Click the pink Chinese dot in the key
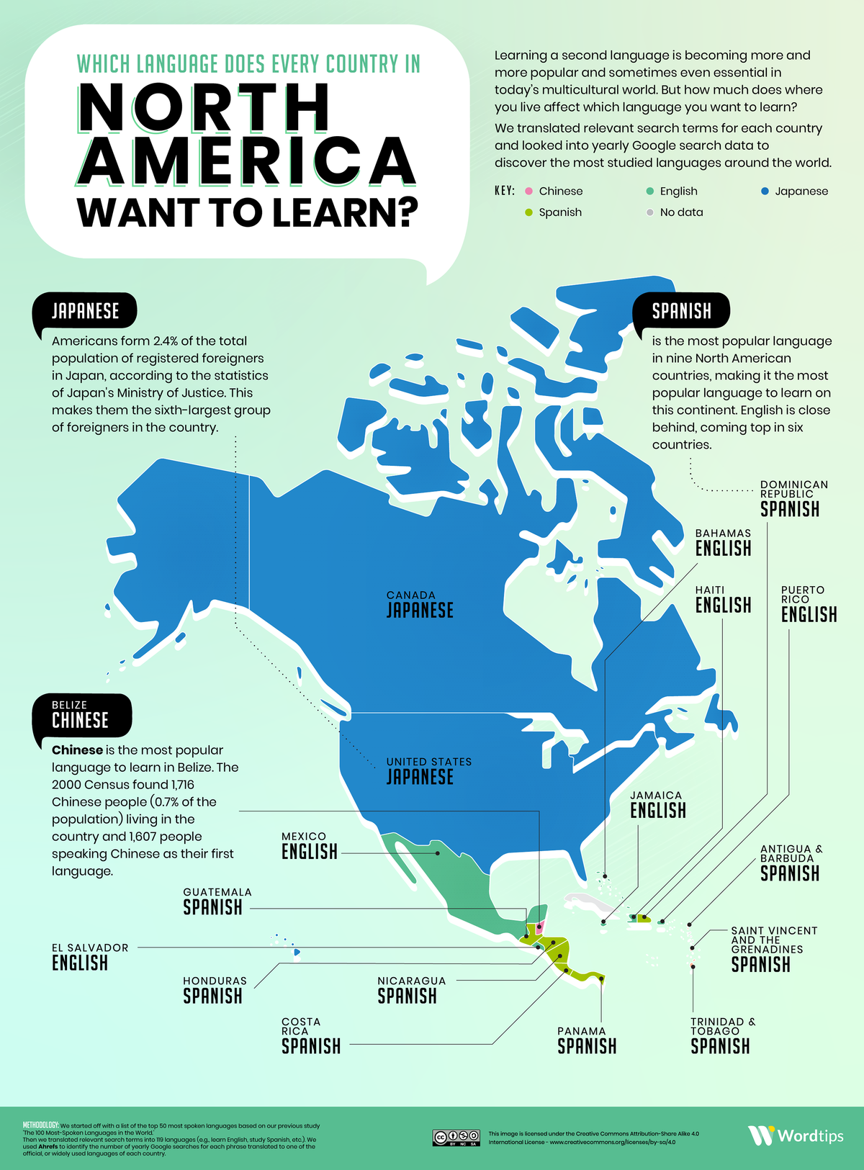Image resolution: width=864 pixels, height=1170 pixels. tap(529, 191)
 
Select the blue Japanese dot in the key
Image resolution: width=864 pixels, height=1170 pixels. tap(765, 191)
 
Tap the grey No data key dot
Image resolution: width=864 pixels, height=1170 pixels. tap(649, 212)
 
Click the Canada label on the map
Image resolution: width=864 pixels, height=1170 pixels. tap(420, 606)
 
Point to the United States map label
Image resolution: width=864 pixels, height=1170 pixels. tap(428, 771)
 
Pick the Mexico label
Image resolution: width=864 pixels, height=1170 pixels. tap(310, 846)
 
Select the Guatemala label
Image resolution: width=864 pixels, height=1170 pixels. tap(217, 901)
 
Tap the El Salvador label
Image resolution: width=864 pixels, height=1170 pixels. tap(90, 957)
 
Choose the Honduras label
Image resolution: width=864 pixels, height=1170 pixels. tap(215, 990)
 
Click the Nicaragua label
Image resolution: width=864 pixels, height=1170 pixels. tap(411, 990)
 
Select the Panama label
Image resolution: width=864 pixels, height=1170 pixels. tap(586, 1040)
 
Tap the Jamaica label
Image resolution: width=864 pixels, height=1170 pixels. tap(657, 804)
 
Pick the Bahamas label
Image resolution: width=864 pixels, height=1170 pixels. tap(723, 543)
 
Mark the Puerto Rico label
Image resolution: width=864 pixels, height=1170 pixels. tap(809, 604)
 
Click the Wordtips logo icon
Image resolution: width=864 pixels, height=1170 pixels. tap(761, 1135)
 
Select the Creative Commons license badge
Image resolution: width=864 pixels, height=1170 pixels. tap(456, 1138)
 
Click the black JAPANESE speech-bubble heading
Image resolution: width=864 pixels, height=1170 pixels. tap(85, 311)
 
